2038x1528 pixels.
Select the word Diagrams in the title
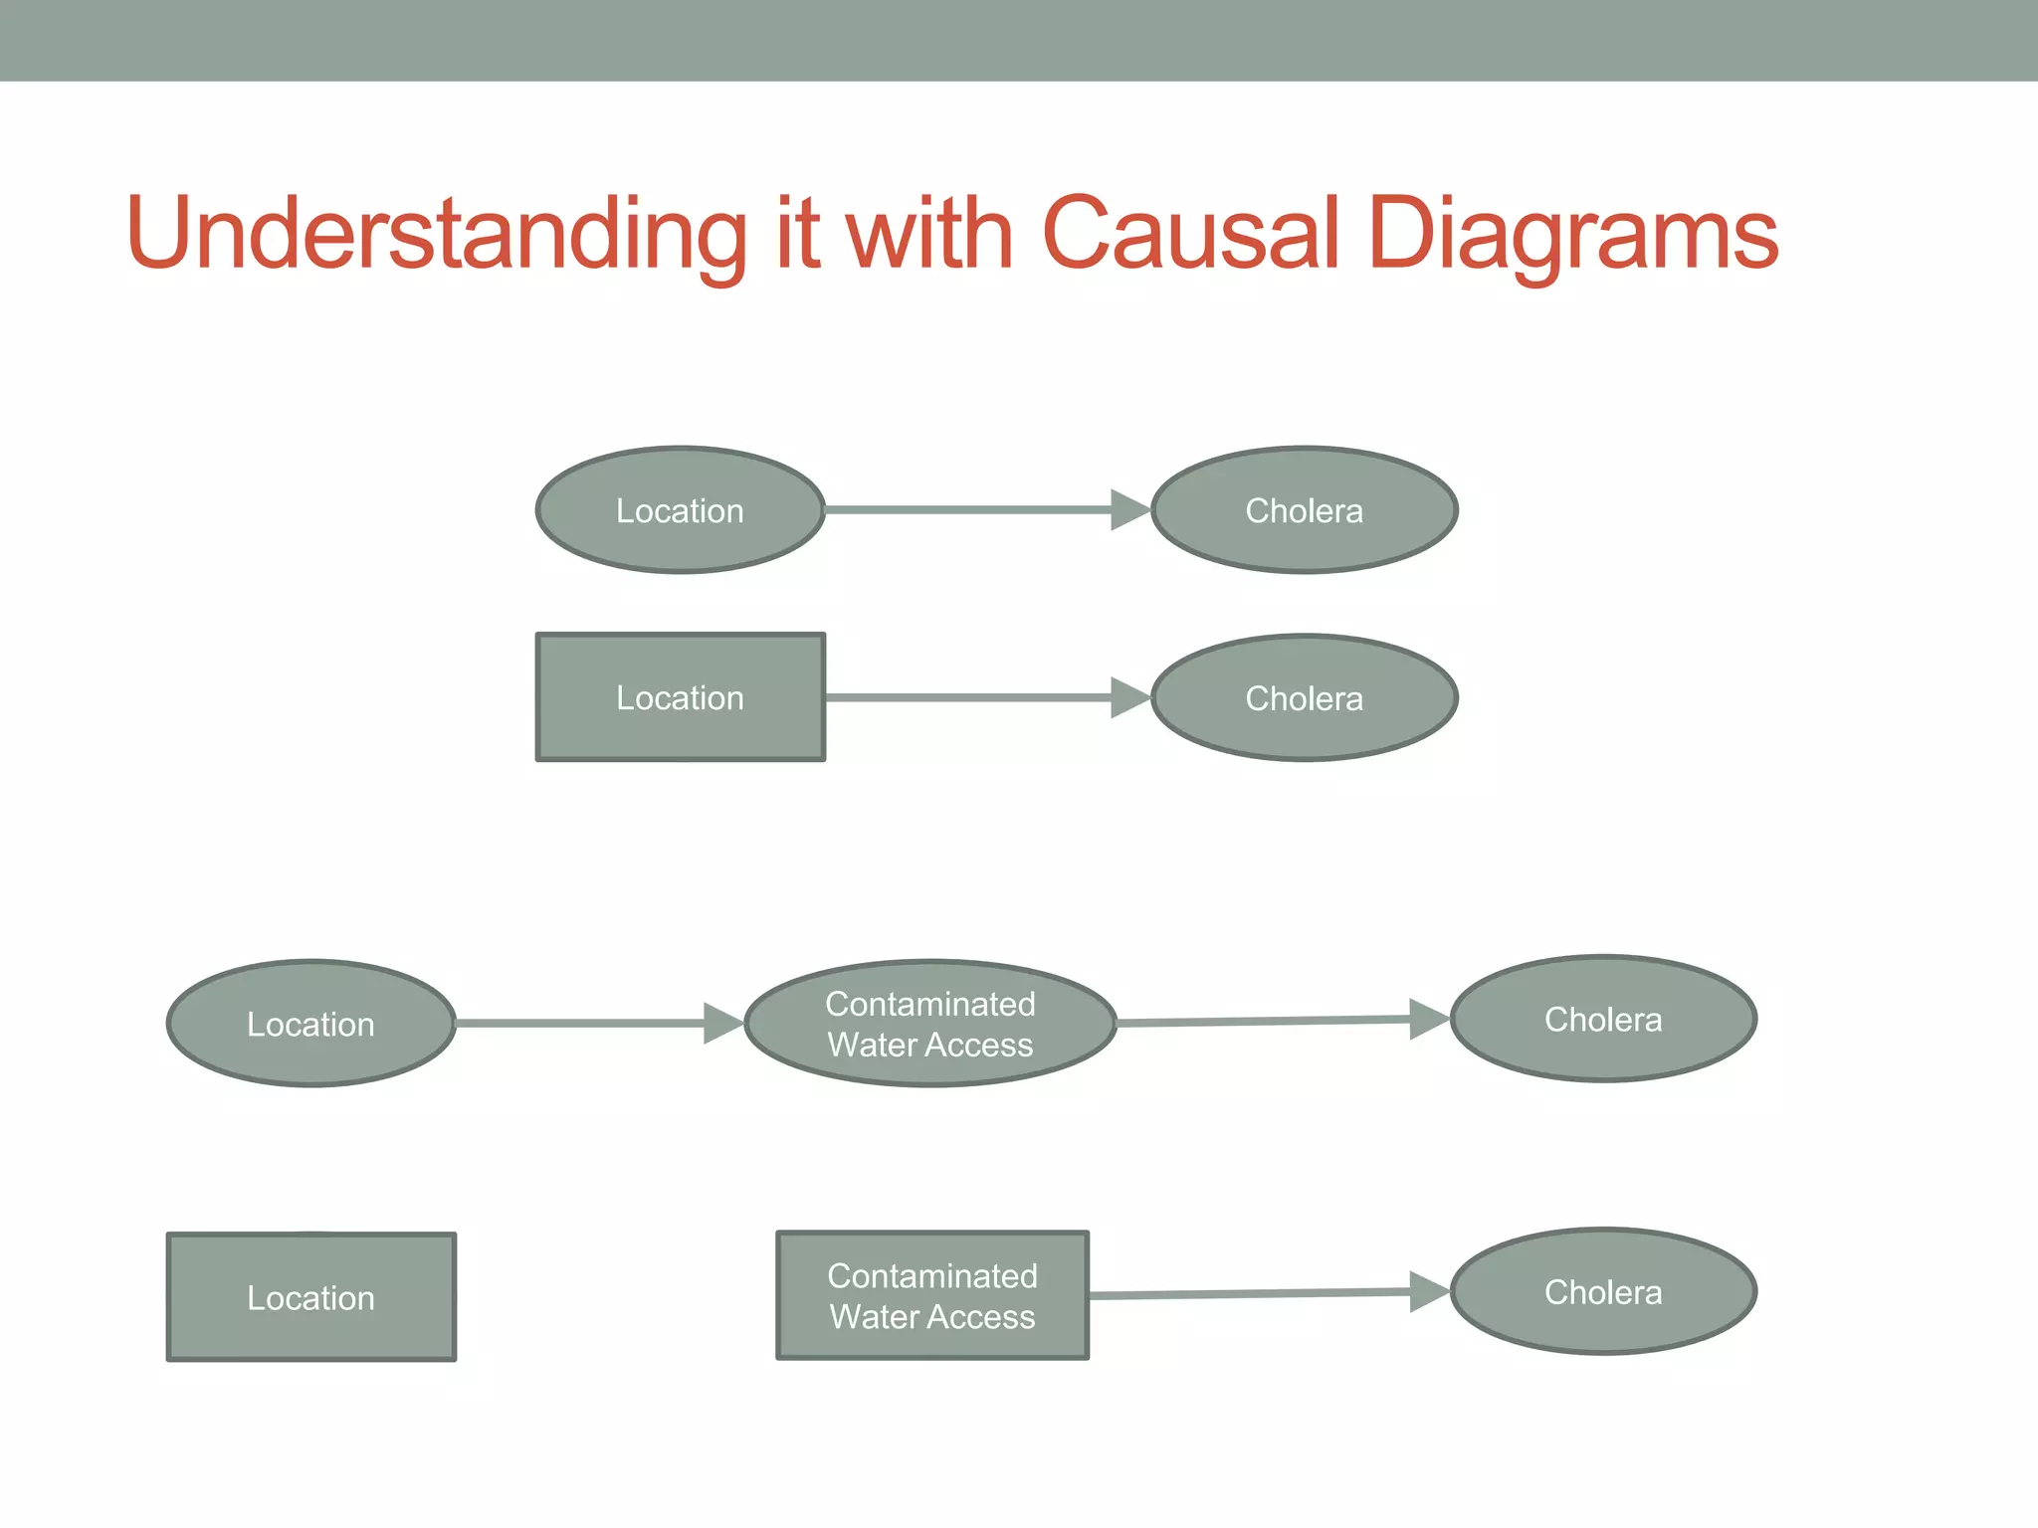click(1573, 234)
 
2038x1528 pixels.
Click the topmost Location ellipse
click(681, 510)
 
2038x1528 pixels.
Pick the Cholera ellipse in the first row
click(1304, 510)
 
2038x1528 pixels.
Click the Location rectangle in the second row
click(681, 697)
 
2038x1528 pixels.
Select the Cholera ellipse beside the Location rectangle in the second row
click(1304, 698)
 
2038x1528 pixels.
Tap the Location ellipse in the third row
click(311, 1024)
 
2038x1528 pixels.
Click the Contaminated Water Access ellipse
click(930, 1024)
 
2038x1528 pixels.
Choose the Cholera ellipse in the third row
click(1603, 1019)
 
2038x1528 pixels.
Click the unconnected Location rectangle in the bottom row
click(311, 1297)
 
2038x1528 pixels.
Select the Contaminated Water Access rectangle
click(932, 1295)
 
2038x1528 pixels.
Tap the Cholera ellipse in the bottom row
click(1603, 1291)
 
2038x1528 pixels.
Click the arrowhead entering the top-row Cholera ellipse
click(1129, 510)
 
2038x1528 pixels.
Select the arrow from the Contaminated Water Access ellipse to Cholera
click(1264, 1021)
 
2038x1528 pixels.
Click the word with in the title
click(929, 234)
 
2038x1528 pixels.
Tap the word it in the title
click(797, 234)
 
